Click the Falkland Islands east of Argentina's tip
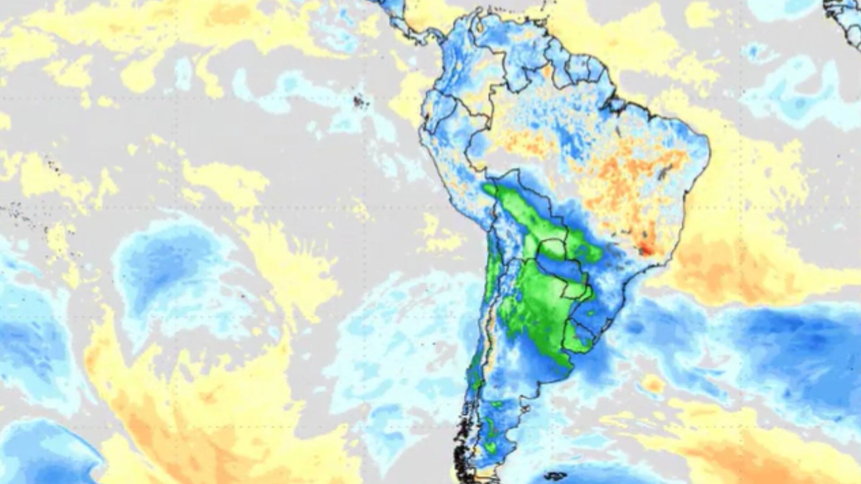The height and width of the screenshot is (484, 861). click(556, 475)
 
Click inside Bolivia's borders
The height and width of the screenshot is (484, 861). click(525, 211)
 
